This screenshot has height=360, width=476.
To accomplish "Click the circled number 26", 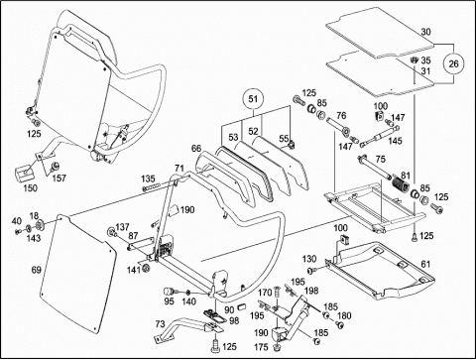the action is click(453, 63).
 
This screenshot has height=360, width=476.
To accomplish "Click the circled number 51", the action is click(253, 99).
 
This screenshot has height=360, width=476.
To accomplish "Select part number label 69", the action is click(37, 270).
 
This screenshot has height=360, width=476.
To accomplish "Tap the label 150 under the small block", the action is click(30, 188).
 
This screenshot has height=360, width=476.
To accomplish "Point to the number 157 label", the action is click(59, 179).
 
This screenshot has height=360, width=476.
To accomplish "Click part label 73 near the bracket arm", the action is click(160, 324).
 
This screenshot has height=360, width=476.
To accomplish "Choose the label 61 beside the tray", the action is click(425, 264).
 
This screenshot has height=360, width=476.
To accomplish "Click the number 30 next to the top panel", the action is click(426, 32).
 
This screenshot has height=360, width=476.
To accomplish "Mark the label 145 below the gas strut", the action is click(395, 141).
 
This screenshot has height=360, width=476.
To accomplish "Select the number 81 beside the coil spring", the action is click(406, 175).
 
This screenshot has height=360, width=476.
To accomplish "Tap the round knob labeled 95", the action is click(170, 292).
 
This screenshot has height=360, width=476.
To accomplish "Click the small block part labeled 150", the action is click(25, 173).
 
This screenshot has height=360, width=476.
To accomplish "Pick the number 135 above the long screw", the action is click(148, 179).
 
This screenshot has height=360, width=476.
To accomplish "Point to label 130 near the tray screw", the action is click(309, 259).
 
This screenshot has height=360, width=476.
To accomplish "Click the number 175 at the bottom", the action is click(262, 347).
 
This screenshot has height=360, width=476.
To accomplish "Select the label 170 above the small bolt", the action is click(265, 293).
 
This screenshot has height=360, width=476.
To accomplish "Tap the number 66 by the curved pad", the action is click(196, 149).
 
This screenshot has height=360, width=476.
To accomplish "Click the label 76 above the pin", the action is click(341, 115).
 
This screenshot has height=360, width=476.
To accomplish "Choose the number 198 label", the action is click(311, 291).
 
